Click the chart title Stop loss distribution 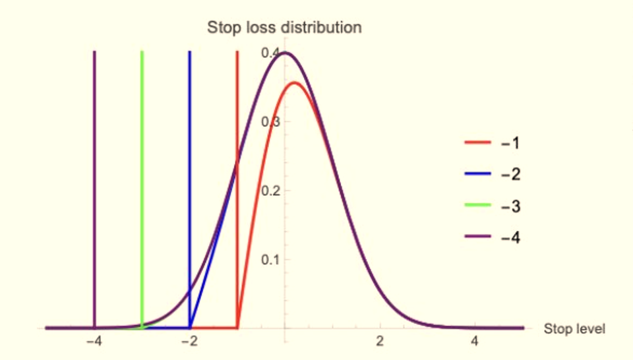pos(284,28)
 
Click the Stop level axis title pos(574,328)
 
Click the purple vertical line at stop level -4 pos(95,185)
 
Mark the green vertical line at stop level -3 pos(142,185)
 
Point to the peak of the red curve pos(295,82)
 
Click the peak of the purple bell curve pos(285,53)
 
